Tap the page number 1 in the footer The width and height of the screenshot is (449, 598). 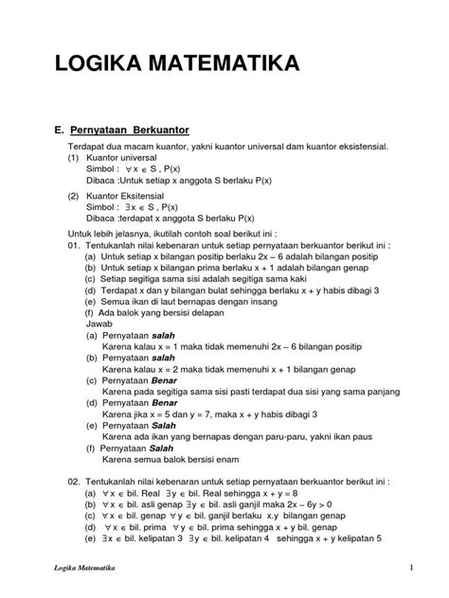coord(414,568)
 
